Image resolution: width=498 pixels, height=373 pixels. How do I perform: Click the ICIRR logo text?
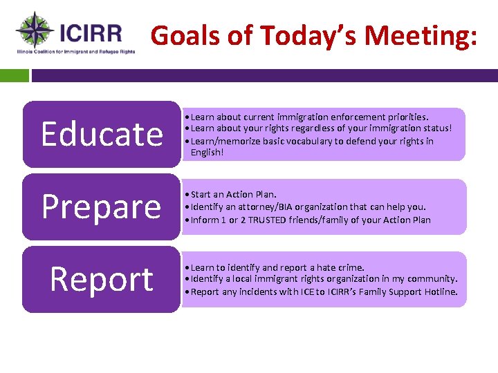91,32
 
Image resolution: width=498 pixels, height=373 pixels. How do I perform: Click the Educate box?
101,134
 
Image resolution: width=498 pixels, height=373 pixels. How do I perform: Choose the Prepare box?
101,207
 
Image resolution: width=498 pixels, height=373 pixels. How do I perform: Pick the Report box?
101,279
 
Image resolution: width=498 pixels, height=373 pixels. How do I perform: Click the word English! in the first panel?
207,152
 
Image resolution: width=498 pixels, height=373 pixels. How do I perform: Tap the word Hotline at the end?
441,291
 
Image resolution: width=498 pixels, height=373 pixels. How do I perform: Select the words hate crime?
341,267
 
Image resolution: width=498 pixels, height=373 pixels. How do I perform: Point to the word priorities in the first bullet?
407,117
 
